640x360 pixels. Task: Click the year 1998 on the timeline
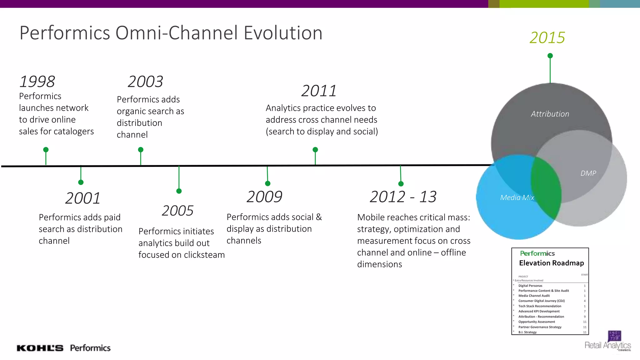[37, 82]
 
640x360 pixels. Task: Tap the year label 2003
[145, 82]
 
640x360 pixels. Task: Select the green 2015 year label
[547, 37]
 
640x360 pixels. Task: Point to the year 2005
[177, 211]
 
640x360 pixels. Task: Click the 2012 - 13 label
[403, 197]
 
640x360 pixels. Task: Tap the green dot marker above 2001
[81, 182]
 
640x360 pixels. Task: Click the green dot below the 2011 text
[315, 150]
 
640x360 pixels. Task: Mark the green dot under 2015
[550, 56]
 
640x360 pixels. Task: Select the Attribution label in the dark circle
[550, 114]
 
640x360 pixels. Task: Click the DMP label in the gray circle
[588, 173]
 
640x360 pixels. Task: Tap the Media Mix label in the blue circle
[517, 197]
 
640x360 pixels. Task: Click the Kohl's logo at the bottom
[40, 348]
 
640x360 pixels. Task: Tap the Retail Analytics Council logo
[608, 342]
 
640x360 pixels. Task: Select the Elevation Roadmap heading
[551, 263]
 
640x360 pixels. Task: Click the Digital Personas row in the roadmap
[530, 286]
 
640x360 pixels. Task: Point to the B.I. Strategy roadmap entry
[527, 332]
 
